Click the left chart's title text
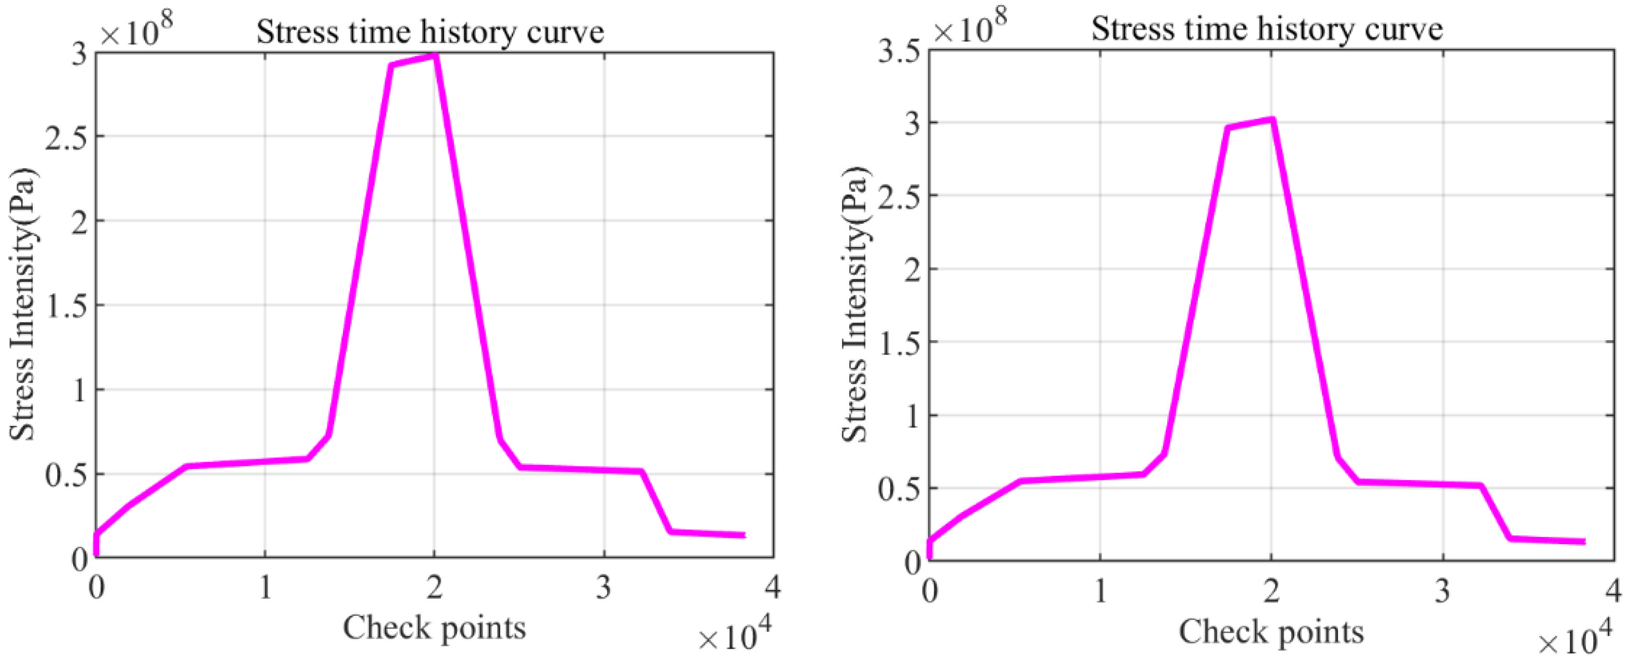pos(430,32)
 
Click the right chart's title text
pos(1267,29)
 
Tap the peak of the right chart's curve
pos(1271,119)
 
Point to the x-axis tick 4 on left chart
pos(772,588)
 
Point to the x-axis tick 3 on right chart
pos(1442,592)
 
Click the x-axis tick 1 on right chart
pos(1100,592)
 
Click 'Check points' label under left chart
pos(435,628)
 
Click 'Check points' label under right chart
pos(1270,632)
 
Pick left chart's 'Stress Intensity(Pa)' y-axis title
pos(23,304)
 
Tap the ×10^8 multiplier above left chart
pos(136,31)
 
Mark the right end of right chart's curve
pos(1583,542)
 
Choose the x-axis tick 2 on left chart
pos(434,588)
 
